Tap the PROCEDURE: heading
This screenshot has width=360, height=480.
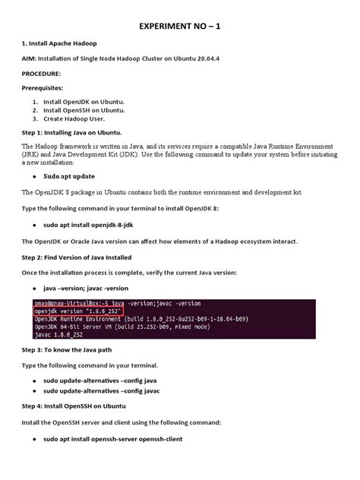point(46,74)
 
